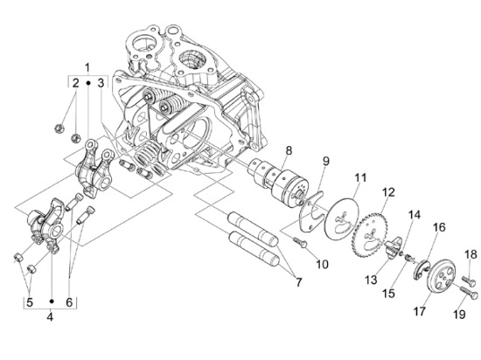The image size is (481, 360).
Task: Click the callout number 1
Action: coord(87,67)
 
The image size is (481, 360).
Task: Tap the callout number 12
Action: coord(388,191)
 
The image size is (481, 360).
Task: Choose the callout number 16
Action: coord(439,226)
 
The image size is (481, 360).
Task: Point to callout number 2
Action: coord(75,83)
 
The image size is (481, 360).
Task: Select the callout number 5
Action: coord(28,301)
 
